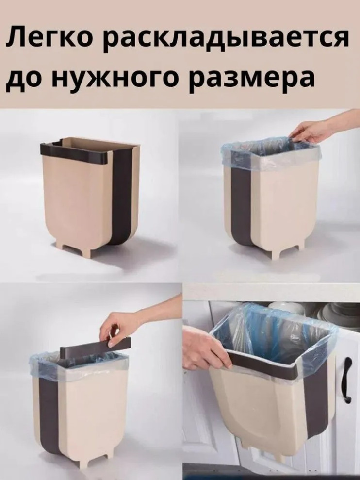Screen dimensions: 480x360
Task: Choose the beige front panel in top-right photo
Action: (x=286, y=204)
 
